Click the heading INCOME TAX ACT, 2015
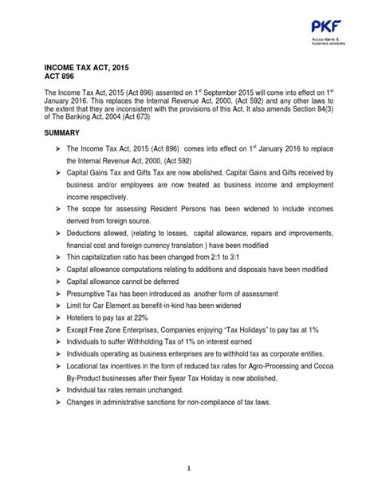point(88,69)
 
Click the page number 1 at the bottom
point(188,471)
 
